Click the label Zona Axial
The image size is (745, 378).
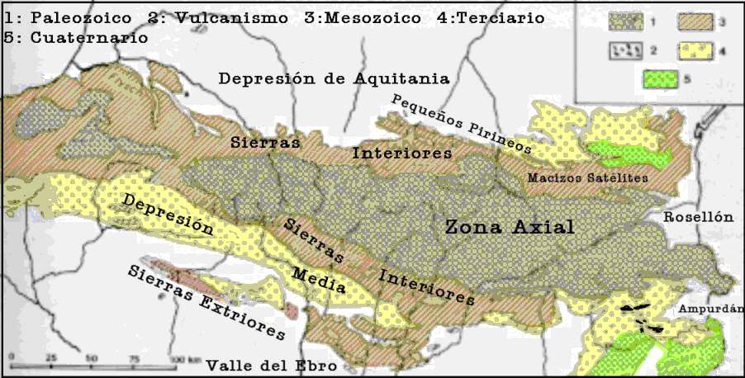click(509, 227)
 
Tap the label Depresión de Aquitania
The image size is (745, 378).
click(334, 79)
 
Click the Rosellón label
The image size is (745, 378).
click(698, 216)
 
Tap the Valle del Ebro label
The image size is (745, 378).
click(261, 365)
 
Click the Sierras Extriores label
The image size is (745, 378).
click(206, 304)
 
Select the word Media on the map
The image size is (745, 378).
click(319, 281)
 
